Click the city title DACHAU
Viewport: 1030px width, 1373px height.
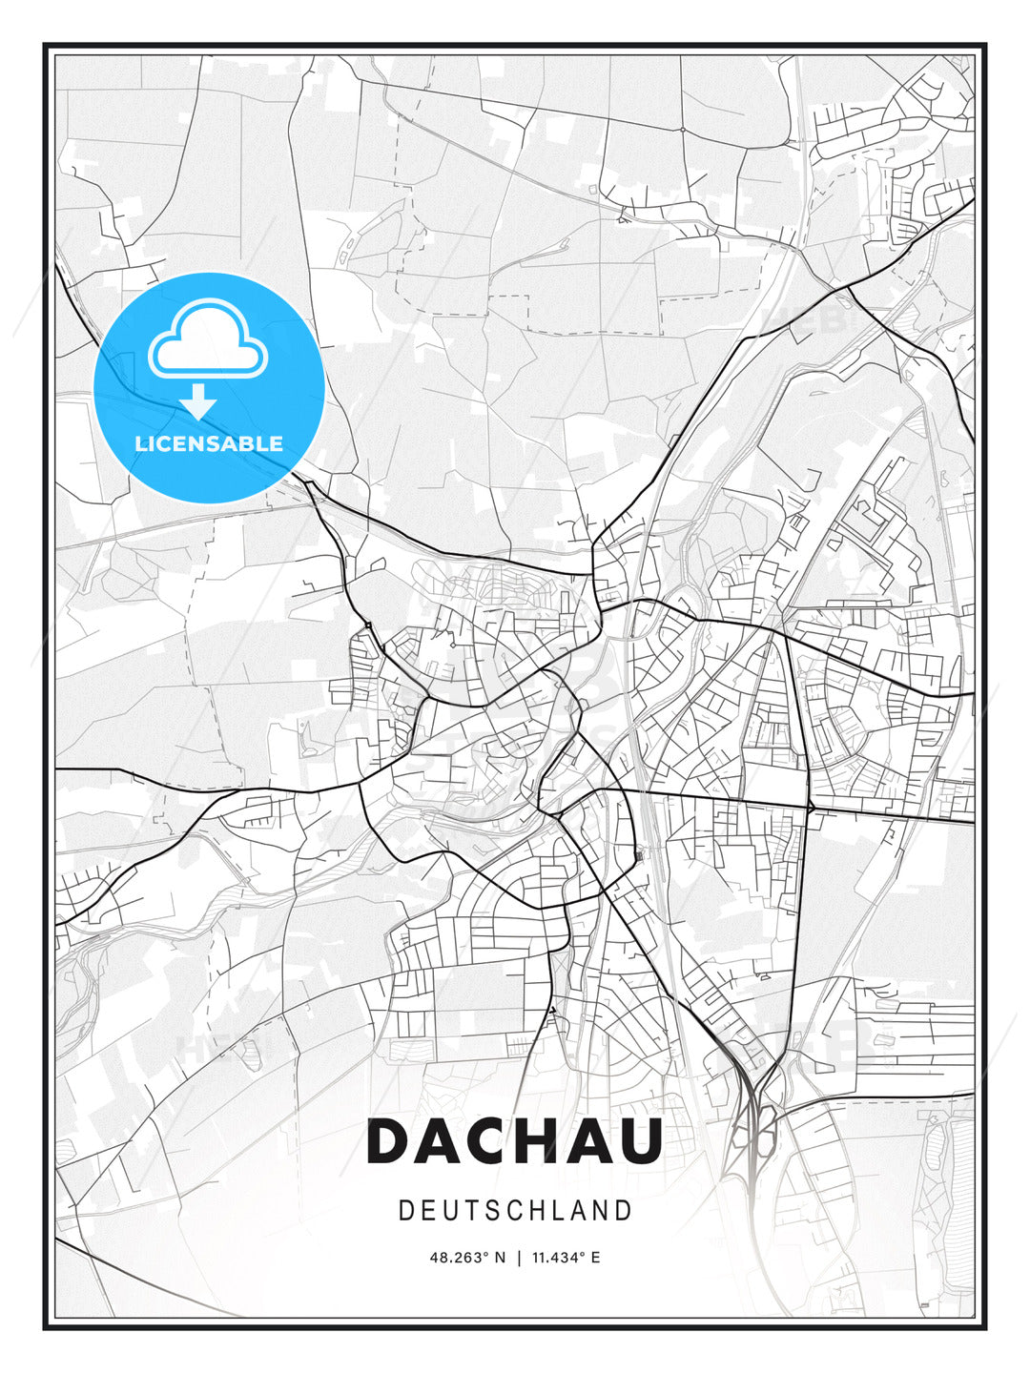[515, 1140]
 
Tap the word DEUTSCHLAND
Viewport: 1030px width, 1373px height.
[515, 1211]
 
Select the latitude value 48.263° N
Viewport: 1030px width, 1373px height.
[468, 1258]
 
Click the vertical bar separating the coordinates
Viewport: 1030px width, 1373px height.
[519, 1258]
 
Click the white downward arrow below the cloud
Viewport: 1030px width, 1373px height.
[198, 402]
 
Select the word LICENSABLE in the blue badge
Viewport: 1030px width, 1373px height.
[209, 443]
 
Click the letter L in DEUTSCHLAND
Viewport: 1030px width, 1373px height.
[558, 1211]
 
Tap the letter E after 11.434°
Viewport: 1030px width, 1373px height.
[595, 1258]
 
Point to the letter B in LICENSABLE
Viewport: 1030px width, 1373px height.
[246, 443]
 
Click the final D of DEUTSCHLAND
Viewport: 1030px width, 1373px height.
[625, 1211]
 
